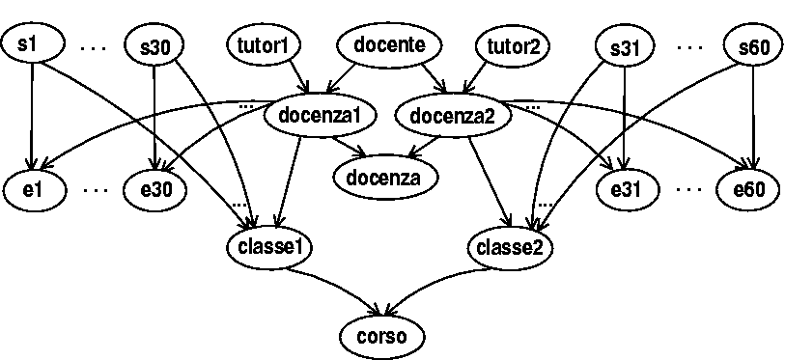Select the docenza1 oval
tap(319, 116)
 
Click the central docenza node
tap(384, 177)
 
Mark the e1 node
tap(33, 188)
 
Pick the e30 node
tap(155, 188)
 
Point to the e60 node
tap(748, 188)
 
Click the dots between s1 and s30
tap(95, 46)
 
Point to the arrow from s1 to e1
tap(34, 116)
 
